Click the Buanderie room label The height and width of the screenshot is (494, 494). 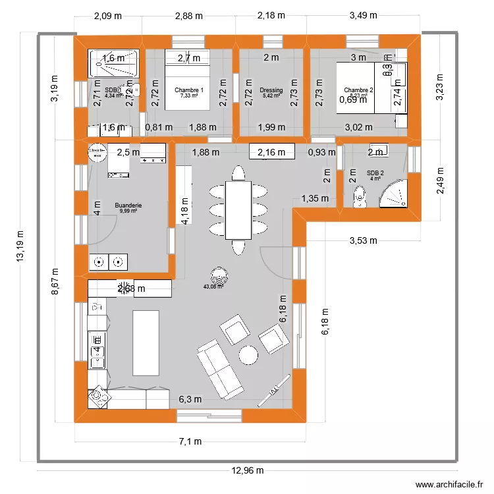[x=128, y=206]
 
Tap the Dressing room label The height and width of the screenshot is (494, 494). [x=271, y=91]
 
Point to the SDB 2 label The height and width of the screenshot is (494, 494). [x=375, y=173]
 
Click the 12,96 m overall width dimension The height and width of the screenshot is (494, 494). [x=247, y=470]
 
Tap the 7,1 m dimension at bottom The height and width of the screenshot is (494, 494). [x=191, y=442]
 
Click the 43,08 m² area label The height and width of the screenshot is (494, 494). [x=217, y=287]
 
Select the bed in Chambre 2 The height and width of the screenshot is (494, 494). [x=362, y=88]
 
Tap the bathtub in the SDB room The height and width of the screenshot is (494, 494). [x=116, y=63]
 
